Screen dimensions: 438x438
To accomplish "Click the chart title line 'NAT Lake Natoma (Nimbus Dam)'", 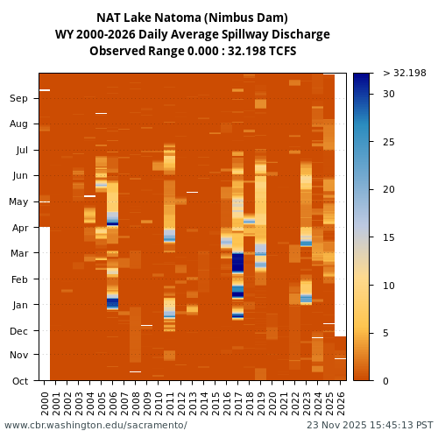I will pos(192,18).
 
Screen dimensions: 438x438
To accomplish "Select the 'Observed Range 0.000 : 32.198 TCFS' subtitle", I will pos(193,51).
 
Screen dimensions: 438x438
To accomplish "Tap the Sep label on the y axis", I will pos(18,99).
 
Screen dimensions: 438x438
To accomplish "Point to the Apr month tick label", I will pos(18,228).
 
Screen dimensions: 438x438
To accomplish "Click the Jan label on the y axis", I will pos(18,305).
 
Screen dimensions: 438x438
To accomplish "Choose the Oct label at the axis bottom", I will pos(18,381).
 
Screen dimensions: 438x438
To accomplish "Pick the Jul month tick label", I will pos(19,151).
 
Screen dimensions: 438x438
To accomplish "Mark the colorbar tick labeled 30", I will pos(388,94).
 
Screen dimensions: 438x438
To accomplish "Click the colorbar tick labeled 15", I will pos(388,237).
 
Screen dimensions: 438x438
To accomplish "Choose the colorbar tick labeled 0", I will pos(385,381).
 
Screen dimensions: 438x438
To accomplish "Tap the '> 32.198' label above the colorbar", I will pos(404,74).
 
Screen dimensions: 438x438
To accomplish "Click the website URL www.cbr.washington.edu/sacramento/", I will pos(95,426).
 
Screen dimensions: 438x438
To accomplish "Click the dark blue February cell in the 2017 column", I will pos(237,262).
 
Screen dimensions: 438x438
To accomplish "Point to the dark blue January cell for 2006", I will pos(112,304).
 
